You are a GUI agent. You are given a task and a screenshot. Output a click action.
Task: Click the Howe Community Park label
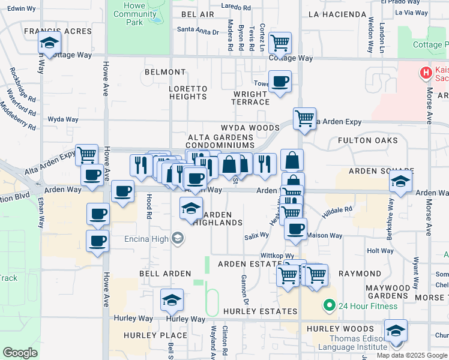[x=134, y=14]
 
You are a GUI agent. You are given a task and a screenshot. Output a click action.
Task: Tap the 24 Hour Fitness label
[x=367, y=306]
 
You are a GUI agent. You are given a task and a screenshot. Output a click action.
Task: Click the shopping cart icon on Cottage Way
[x=279, y=43]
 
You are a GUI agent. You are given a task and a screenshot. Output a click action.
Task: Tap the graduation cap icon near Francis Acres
[x=49, y=43]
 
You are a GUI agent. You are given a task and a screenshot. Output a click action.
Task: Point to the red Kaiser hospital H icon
[x=426, y=73]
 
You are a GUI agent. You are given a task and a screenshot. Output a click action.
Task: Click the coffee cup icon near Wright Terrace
[x=279, y=81]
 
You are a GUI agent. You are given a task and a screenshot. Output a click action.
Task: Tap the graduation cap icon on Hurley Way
[x=172, y=300]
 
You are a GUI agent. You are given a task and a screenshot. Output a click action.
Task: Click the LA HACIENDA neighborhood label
[x=337, y=14]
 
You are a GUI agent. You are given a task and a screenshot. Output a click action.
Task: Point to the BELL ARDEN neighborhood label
[x=165, y=274]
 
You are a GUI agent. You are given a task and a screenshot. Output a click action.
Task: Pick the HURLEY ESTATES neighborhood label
[x=260, y=311]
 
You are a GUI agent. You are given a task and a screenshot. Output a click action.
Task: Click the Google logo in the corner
[x=20, y=353]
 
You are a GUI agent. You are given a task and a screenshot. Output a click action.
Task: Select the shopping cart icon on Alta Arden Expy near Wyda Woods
[x=304, y=118]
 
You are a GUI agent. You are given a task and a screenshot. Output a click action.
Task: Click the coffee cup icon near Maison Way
[x=295, y=229]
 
